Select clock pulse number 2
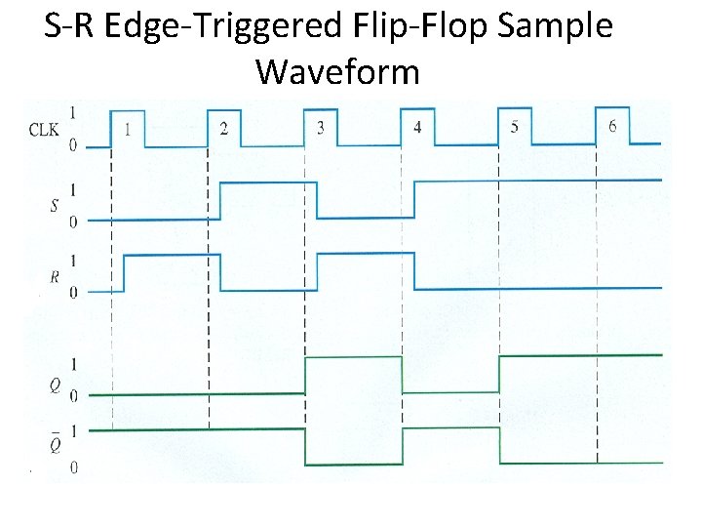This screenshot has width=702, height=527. point(224,128)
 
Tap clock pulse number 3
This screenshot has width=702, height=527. point(321,128)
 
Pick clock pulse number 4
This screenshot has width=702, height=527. point(417,128)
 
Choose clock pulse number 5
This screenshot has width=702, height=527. point(514,128)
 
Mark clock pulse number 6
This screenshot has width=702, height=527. point(611,127)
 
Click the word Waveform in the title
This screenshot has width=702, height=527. point(337,71)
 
